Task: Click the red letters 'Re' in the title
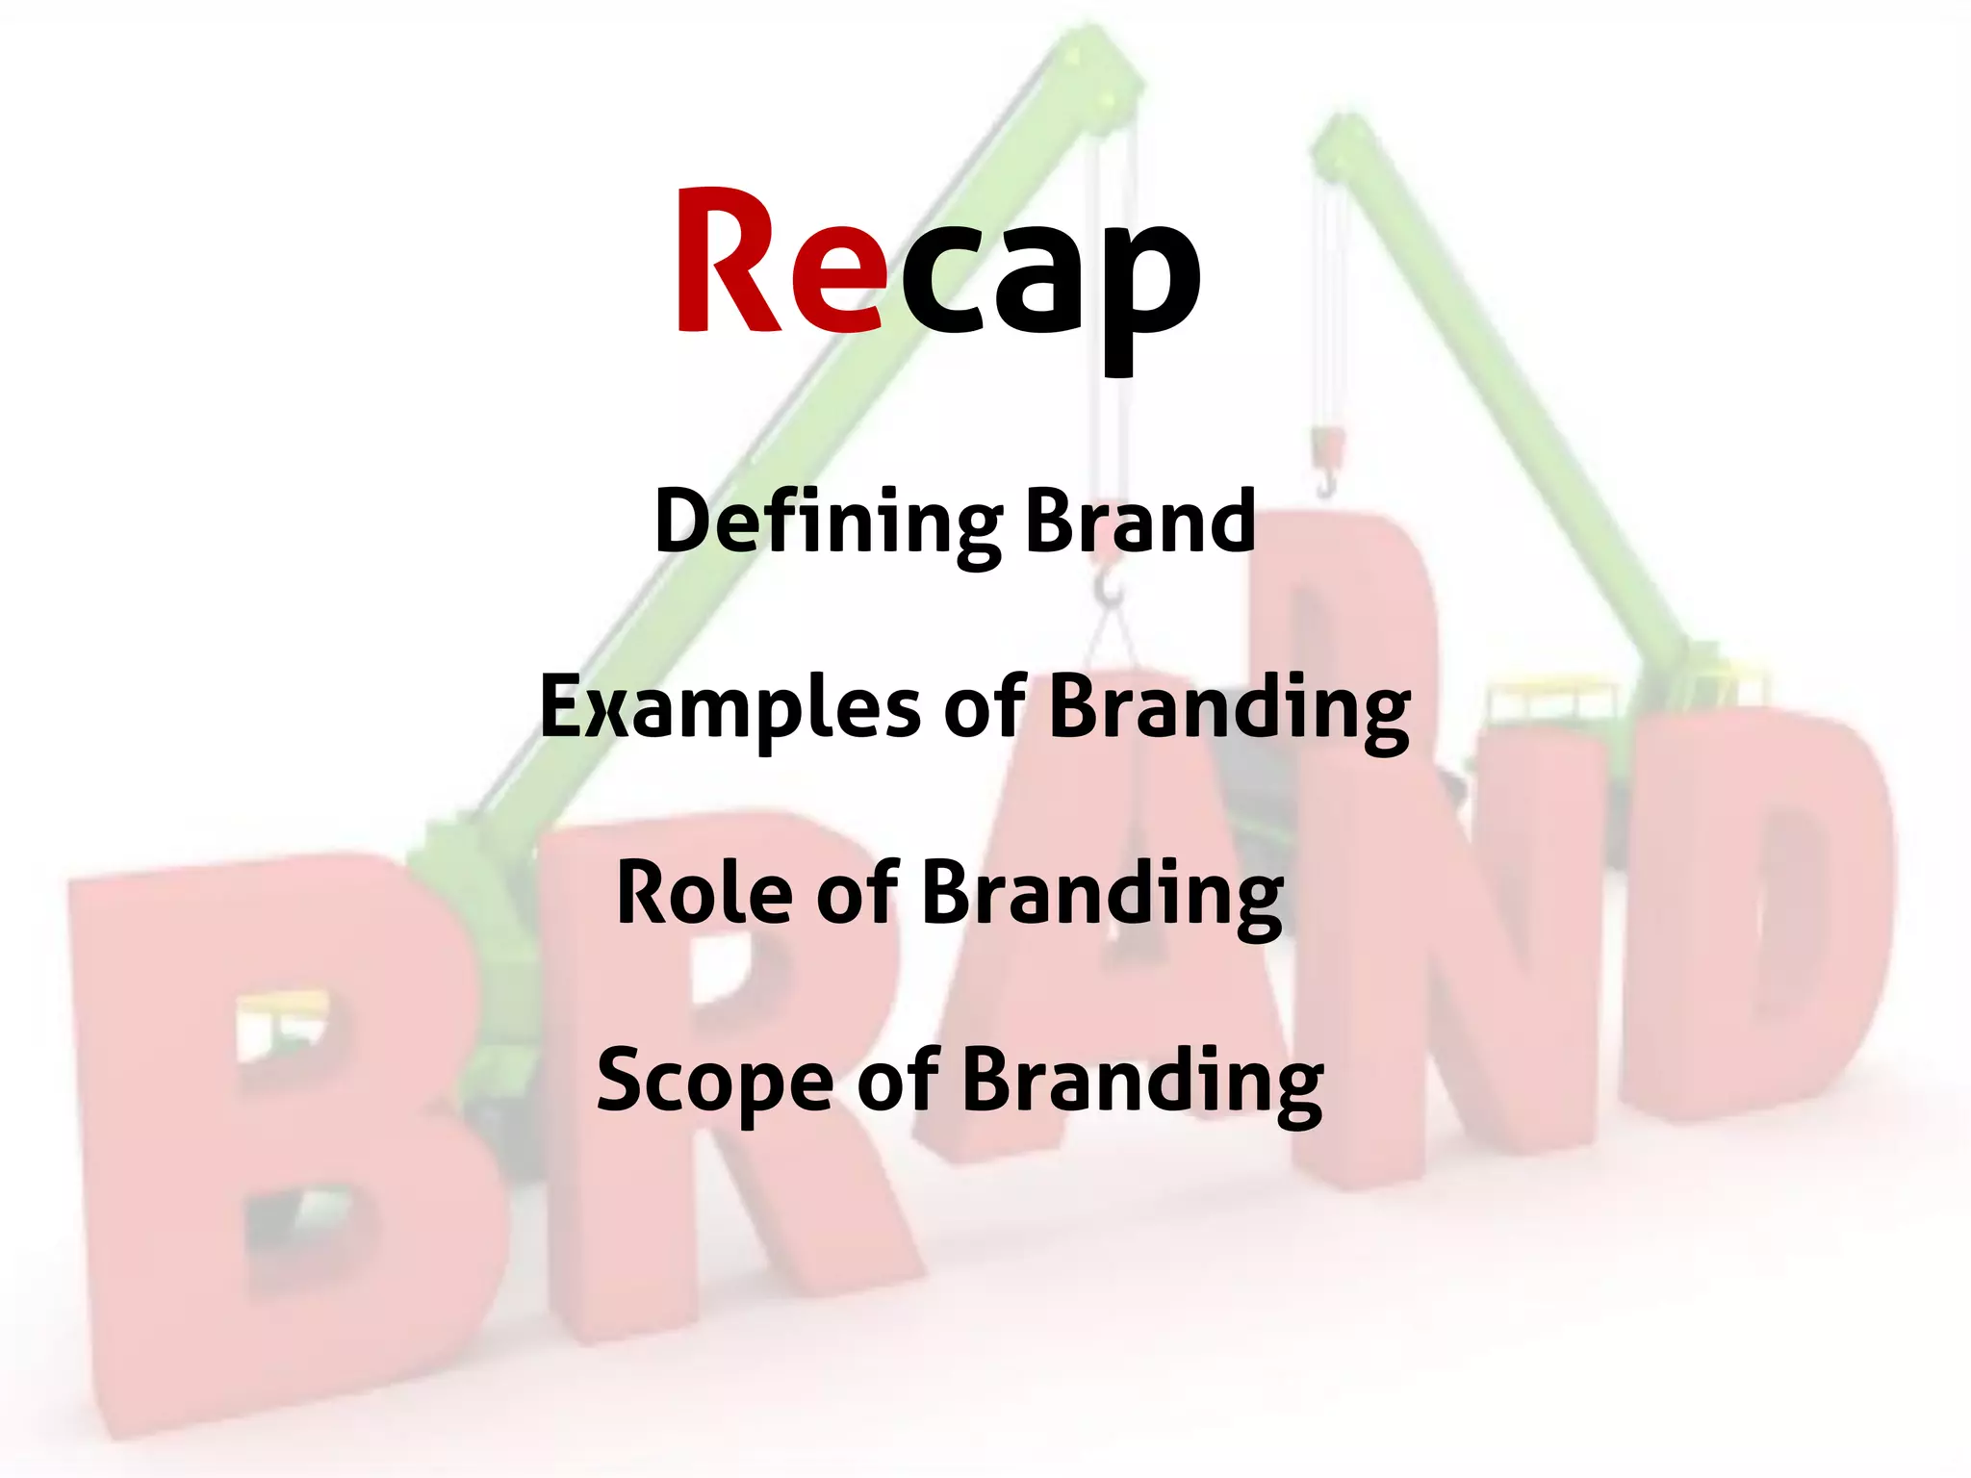click(780, 262)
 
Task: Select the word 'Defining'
click(828, 522)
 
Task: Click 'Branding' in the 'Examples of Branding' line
click(1229, 709)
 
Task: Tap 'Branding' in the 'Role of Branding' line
click(1103, 896)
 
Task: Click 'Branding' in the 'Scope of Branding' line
click(1142, 1083)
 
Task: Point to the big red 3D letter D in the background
click(1761, 914)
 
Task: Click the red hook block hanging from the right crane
click(1328, 447)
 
